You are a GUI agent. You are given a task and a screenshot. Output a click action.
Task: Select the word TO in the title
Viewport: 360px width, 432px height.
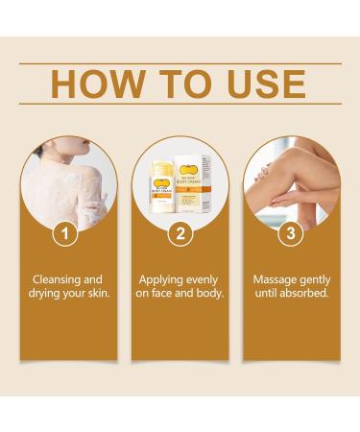click(x=178, y=84)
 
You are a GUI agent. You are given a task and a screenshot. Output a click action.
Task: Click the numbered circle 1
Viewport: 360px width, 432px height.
click(x=64, y=232)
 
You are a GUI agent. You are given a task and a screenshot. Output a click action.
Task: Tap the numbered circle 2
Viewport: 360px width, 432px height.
click(x=179, y=232)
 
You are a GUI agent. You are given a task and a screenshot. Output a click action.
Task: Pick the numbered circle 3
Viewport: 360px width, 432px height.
click(x=293, y=232)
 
